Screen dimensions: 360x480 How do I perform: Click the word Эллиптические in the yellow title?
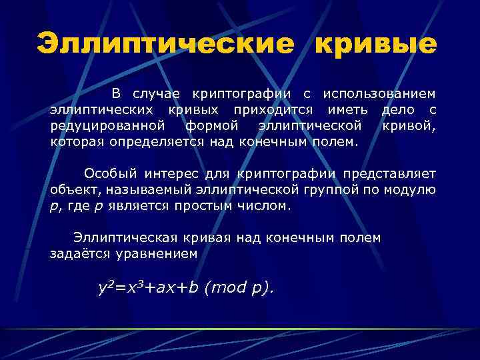pyautogui.click(x=164, y=44)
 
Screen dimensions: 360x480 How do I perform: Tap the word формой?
pyautogui.click(x=212, y=125)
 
